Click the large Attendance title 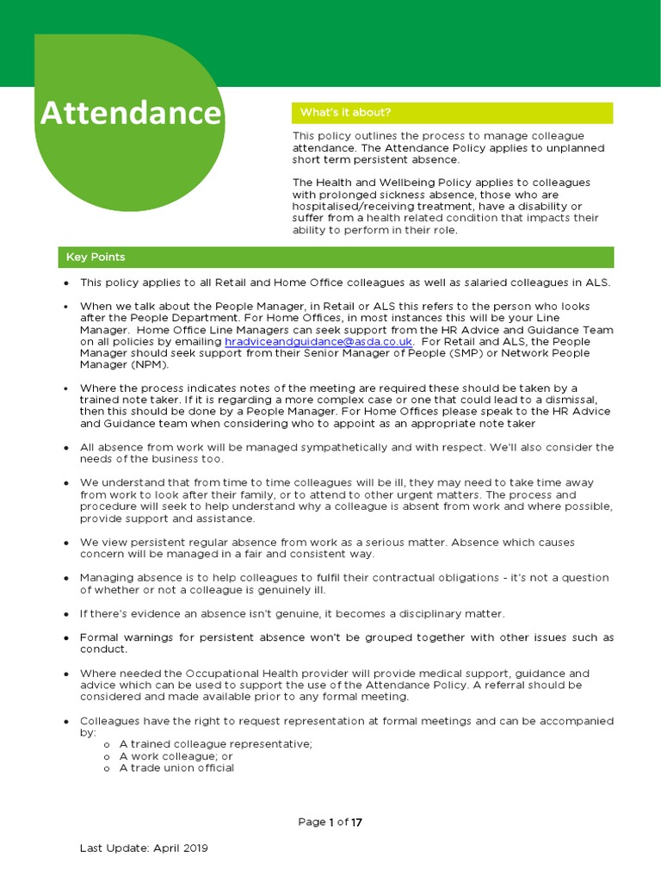130,114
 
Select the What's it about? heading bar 452,113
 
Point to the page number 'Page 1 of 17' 330,822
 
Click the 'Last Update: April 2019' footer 144,848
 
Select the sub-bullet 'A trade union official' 176,767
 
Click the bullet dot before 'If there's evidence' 66,613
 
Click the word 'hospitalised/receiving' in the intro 352,206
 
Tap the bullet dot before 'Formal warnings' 66,637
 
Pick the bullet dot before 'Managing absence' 66,578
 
